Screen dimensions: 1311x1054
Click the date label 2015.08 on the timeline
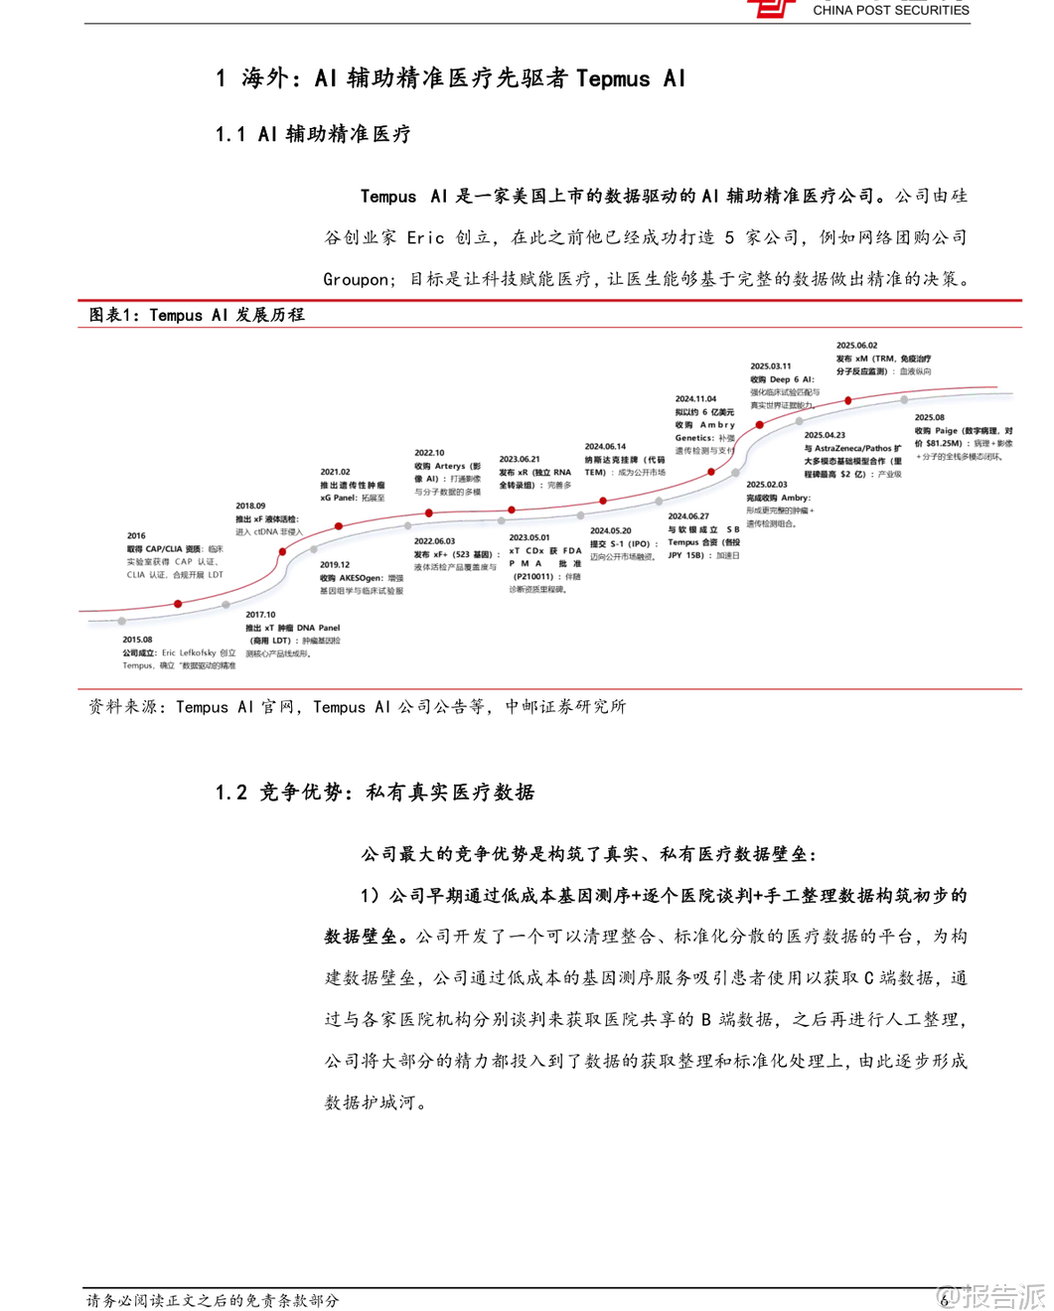[x=137, y=640]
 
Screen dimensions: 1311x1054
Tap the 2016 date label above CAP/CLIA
[x=136, y=535]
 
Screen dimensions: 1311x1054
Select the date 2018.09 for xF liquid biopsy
[x=250, y=506]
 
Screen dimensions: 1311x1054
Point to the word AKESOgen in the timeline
[x=361, y=577]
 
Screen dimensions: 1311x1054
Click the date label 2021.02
[x=335, y=472]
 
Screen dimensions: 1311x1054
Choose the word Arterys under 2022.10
[x=450, y=466]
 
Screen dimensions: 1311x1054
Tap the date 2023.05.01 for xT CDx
[x=528, y=537]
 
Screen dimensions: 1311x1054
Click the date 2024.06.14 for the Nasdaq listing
[x=605, y=447]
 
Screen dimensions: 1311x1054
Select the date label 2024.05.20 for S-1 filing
[x=610, y=530]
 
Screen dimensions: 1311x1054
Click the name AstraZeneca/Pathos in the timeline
[x=852, y=448]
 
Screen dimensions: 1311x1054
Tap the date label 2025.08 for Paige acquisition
[x=929, y=417]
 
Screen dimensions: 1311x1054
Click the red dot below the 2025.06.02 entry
[x=847, y=400]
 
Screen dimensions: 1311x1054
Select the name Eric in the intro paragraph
[x=425, y=238]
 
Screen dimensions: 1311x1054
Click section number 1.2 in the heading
[x=230, y=793]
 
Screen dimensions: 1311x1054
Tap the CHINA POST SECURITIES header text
[x=890, y=10]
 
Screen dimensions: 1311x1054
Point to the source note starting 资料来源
[x=127, y=707]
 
